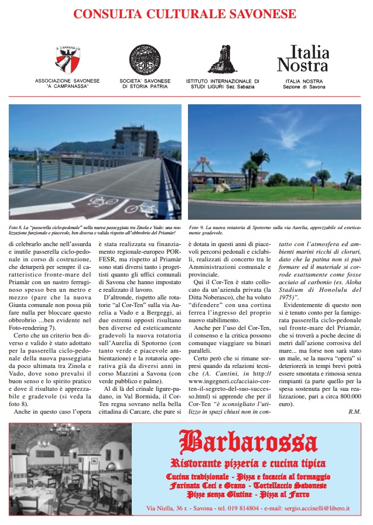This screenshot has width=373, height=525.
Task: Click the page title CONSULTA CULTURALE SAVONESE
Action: (x=186, y=13)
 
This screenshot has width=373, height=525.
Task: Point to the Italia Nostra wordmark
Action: (x=303, y=59)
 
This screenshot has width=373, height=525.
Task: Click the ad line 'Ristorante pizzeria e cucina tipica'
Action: (x=249, y=463)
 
